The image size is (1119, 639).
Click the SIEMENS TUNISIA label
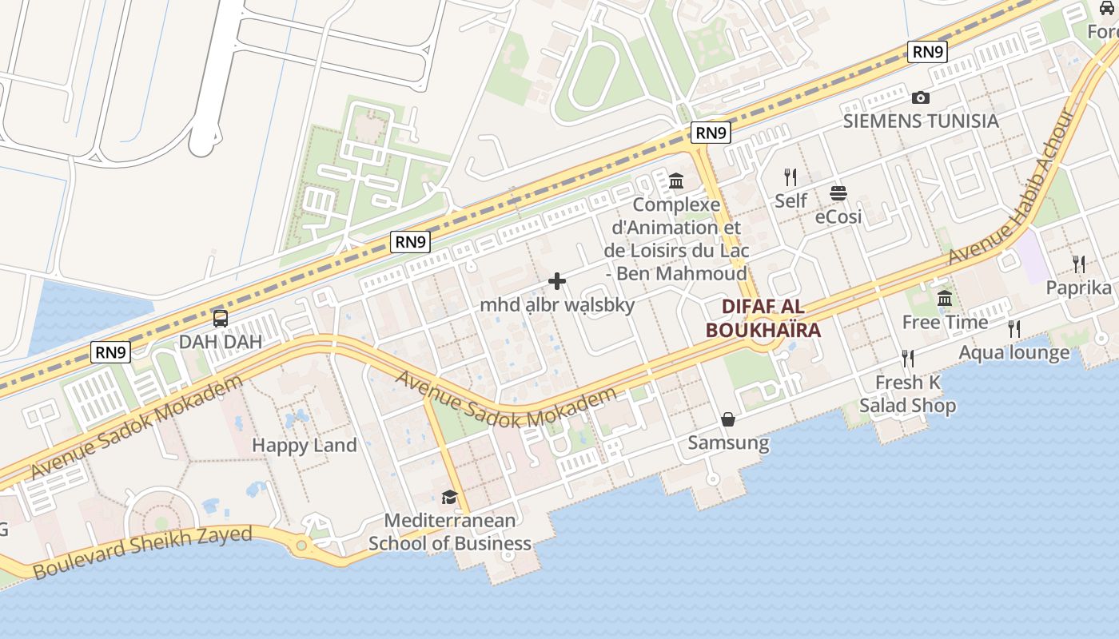click(921, 121)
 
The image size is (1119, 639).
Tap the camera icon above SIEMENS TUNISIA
click(921, 98)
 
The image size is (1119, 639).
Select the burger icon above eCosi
click(838, 193)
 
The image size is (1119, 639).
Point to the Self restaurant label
click(790, 200)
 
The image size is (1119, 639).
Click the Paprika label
click(1078, 288)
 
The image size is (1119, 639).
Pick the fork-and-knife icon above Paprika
click(1078, 264)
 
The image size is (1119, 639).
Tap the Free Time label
click(945, 322)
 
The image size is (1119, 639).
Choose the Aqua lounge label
click(1013, 352)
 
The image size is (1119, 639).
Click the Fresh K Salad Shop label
click(907, 394)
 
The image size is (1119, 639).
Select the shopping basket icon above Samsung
click(728, 419)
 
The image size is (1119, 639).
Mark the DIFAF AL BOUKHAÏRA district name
click(763, 318)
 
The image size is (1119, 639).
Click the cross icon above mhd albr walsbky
click(557, 281)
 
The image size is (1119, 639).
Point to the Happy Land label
click(305, 445)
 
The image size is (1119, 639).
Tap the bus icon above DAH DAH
click(220, 319)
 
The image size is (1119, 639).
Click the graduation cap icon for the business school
click(449, 498)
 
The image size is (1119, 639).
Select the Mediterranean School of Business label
click(449, 532)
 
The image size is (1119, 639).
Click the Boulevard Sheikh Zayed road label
click(143, 552)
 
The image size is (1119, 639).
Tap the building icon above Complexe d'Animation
click(676, 181)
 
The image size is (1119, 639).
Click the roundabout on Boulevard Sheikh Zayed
click(301, 546)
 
